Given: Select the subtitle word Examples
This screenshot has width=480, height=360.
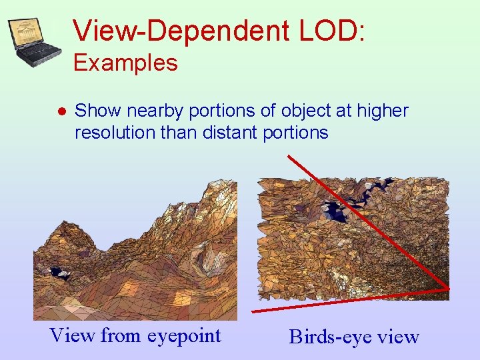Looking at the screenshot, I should tap(125, 63).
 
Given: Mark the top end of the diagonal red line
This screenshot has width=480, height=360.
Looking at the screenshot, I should tap(289, 157).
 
